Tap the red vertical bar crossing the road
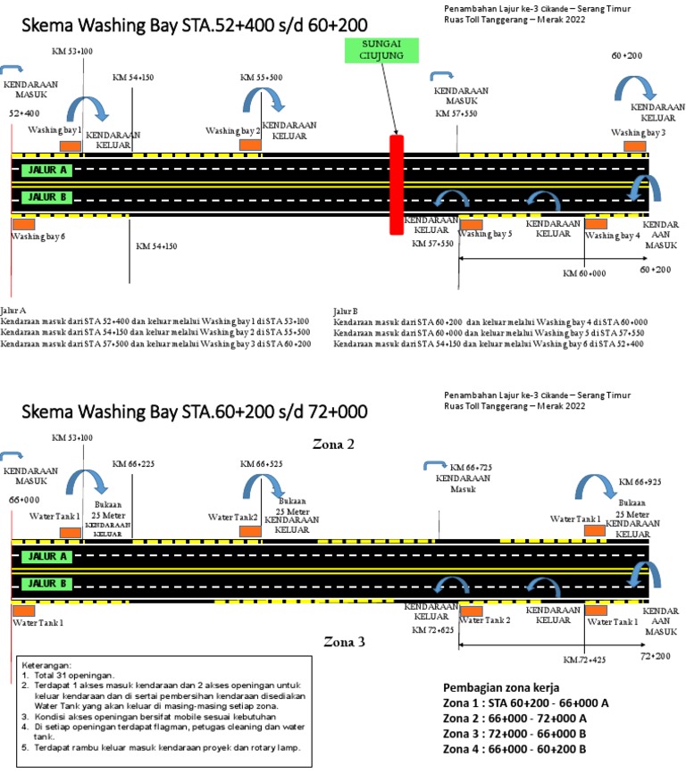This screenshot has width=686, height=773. click(397, 185)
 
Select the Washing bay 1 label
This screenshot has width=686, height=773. click(54, 130)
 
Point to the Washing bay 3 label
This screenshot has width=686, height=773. click(638, 132)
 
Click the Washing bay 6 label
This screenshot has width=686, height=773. click(38, 237)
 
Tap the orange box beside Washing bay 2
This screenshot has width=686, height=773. click(250, 145)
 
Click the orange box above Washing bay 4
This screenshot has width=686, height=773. click(596, 223)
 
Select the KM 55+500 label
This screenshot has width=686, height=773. click(261, 78)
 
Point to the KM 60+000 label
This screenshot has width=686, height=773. click(584, 274)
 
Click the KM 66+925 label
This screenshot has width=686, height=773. click(640, 481)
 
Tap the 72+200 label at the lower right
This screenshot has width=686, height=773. click(655, 656)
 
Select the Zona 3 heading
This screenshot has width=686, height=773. click(343, 641)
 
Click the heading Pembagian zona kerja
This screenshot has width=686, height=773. click(502, 687)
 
